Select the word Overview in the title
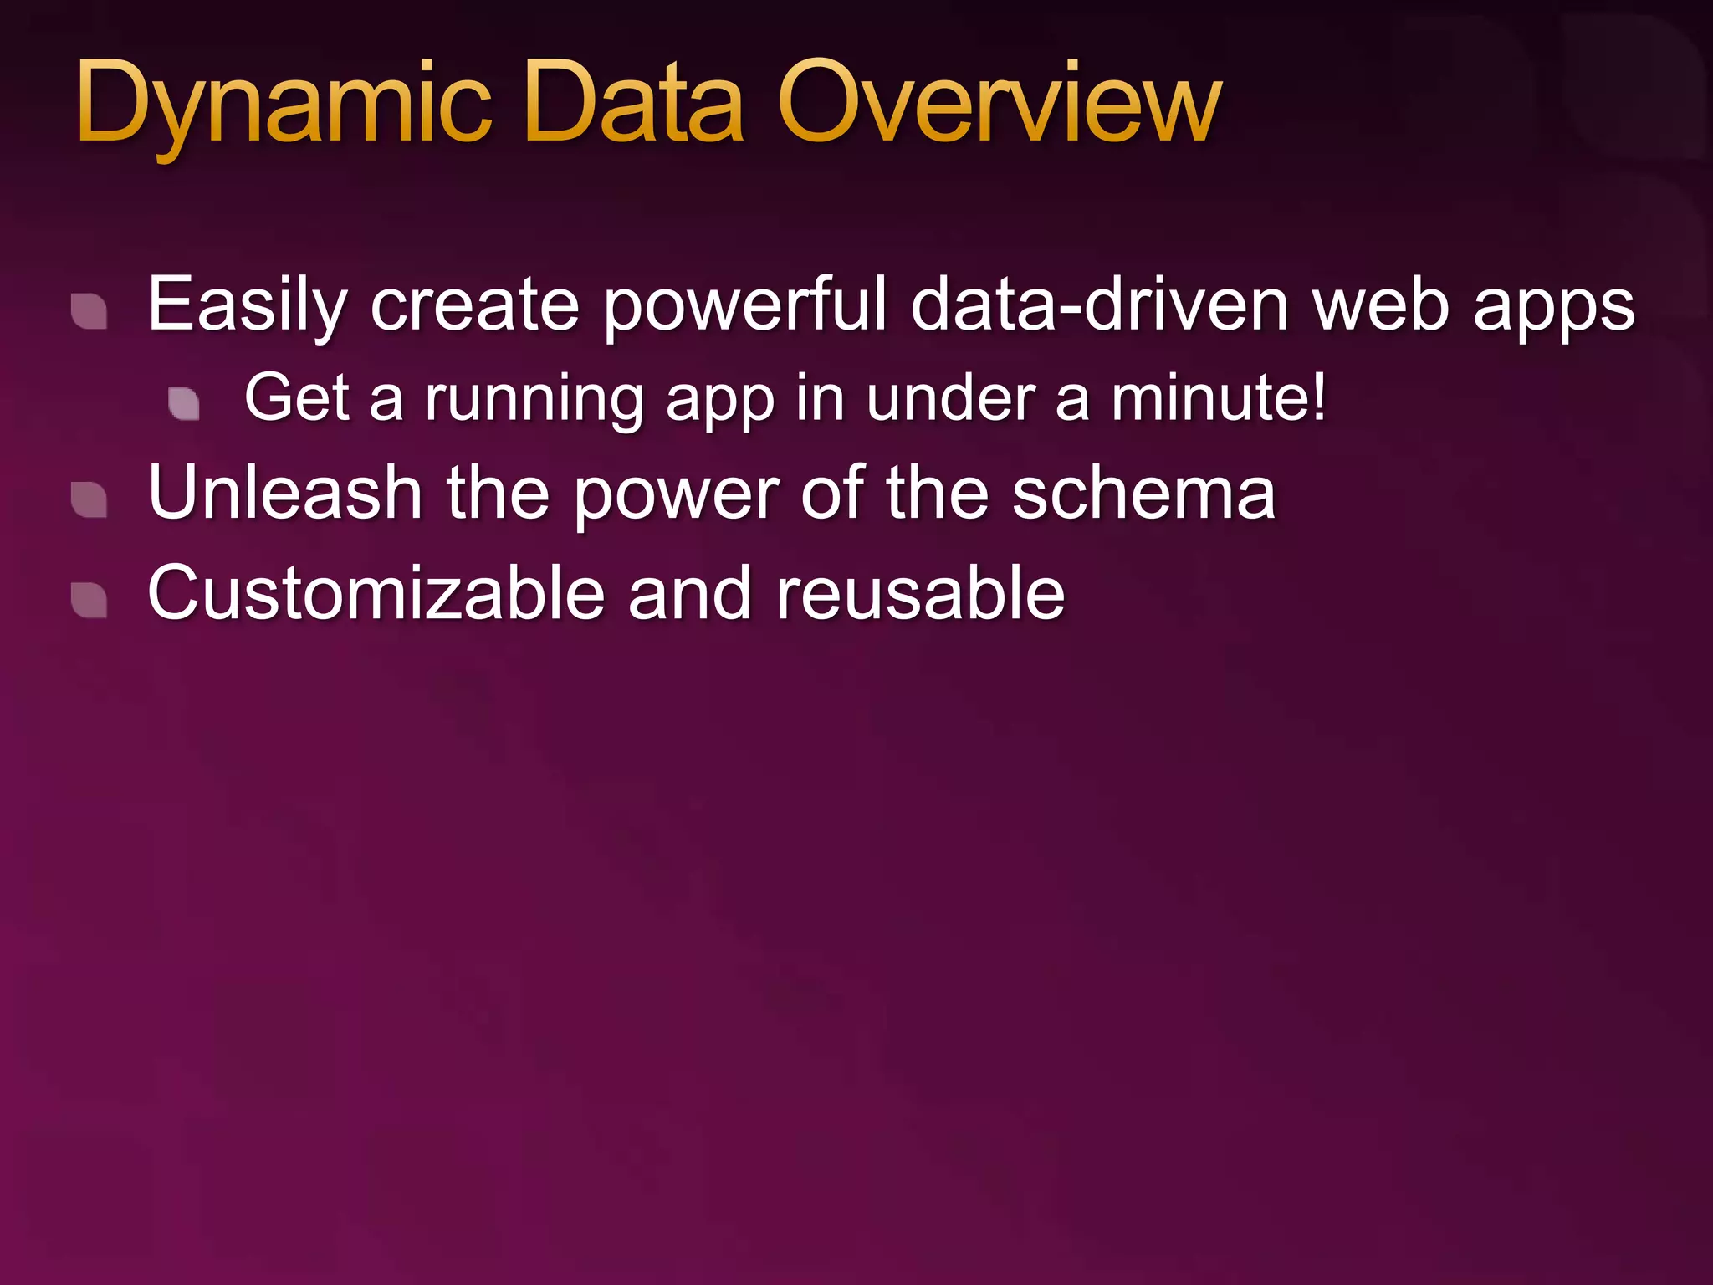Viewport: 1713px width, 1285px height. pyautogui.click(x=1000, y=105)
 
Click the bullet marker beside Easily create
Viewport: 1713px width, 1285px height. pyautogui.click(x=89, y=311)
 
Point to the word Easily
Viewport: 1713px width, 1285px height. pyautogui.click(x=247, y=305)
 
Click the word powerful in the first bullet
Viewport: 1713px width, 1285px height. pyautogui.click(x=744, y=305)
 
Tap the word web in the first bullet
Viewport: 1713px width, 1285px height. pyautogui.click(x=1381, y=305)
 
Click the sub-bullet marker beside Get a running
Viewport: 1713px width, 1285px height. pyautogui.click(x=184, y=403)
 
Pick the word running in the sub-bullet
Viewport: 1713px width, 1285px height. pyautogui.click(x=535, y=400)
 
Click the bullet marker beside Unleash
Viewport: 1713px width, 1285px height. pyautogui.click(x=89, y=500)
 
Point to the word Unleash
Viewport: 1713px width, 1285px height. pyautogui.click(x=284, y=494)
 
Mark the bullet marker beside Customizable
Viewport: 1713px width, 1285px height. pyautogui.click(x=89, y=600)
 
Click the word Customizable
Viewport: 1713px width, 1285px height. pyautogui.click(x=376, y=593)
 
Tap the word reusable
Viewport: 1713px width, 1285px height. pyautogui.click(x=920, y=593)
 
